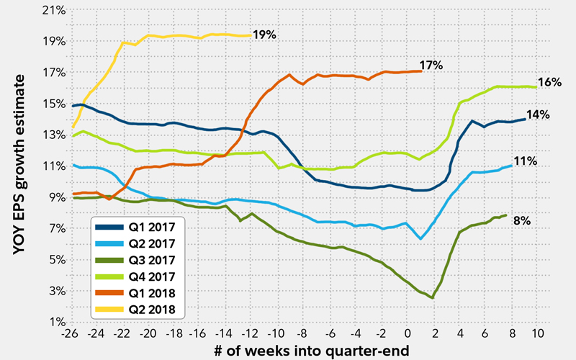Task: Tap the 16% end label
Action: [x=549, y=82]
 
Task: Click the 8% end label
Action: [x=521, y=220]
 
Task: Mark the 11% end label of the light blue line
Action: [x=526, y=161]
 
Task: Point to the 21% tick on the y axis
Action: [x=56, y=10]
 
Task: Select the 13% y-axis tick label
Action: [x=56, y=135]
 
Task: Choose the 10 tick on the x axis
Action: [x=536, y=335]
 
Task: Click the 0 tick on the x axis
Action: [x=408, y=335]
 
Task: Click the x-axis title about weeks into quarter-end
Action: [x=305, y=350]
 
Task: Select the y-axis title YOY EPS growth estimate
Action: [x=19, y=166]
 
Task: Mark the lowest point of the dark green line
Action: [x=432, y=298]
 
